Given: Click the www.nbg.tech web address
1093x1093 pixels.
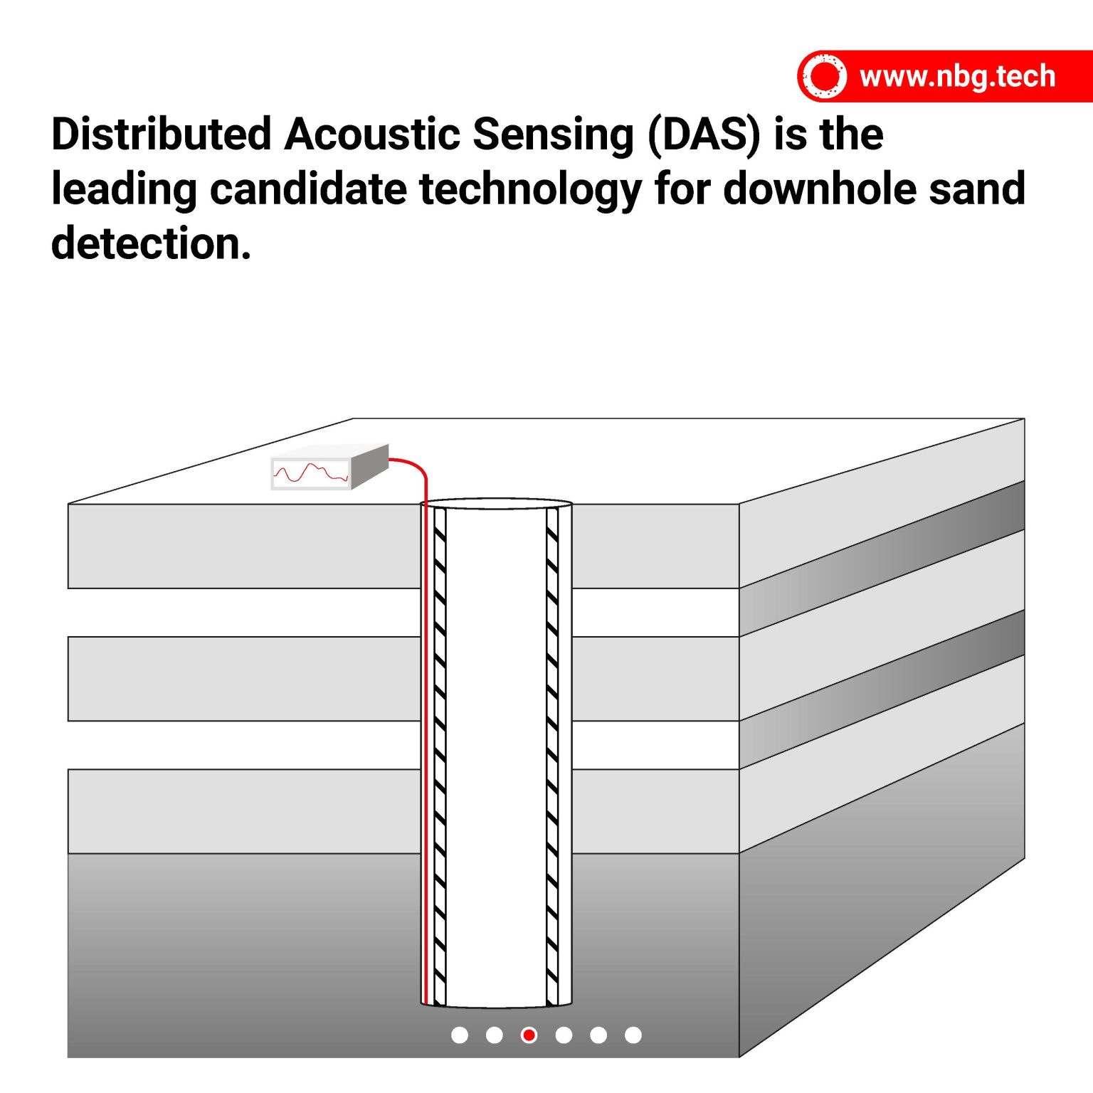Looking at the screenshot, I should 956,76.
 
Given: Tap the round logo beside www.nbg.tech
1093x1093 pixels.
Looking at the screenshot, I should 824,76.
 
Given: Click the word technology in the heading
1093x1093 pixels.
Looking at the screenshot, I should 530,189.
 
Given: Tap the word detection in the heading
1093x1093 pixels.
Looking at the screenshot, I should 151,243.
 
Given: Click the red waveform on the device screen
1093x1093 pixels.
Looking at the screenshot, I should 310,473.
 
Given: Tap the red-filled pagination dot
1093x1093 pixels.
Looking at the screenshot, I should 529,1035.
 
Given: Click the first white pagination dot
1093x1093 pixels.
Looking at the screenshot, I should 460,1035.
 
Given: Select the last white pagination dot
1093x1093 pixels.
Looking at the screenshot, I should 633,1035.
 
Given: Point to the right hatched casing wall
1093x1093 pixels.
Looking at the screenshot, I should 552,754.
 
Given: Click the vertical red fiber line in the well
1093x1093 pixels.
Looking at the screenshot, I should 426,754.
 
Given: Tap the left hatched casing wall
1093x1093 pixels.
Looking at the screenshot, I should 440,754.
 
